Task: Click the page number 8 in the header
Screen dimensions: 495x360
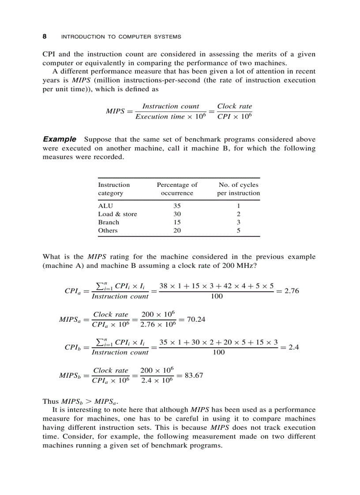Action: (x=45, y=37)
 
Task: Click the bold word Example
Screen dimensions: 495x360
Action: (x=60, y=139)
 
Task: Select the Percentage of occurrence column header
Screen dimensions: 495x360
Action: (x=177, y=189)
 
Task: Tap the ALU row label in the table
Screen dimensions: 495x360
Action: (x=105, y=206)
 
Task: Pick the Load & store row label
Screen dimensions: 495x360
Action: (x=117, y=214)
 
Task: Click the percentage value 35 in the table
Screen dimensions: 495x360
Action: (x=177, y=206)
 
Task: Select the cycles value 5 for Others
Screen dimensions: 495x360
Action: (x=238, y=231)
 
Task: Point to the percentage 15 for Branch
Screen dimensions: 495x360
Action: (x=177, y=223)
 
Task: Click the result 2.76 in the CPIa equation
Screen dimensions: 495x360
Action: (x=290, y=291)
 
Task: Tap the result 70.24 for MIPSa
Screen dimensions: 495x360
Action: (x=196, y=319)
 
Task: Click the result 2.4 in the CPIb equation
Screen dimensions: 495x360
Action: (x=293, y=347)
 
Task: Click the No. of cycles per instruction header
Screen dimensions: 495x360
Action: (x=238, y=189)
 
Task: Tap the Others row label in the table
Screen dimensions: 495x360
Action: (x=108, y=231)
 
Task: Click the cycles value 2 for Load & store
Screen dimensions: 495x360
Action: (x=238, y=214)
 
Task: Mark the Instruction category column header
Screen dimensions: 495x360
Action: (x=114, y=189)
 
